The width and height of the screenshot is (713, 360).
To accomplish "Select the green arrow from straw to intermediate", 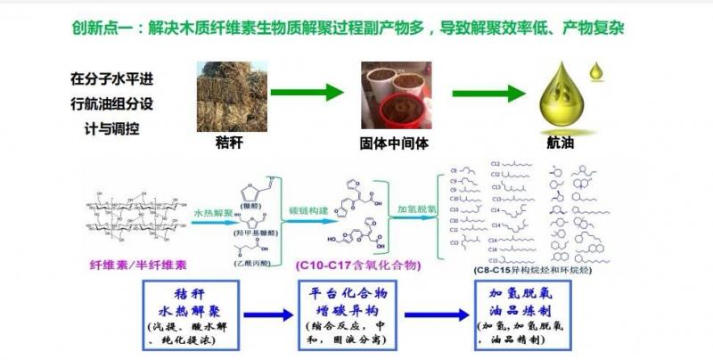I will coord(307,92).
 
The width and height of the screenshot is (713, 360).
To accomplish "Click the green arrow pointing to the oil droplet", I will coord(485,92).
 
